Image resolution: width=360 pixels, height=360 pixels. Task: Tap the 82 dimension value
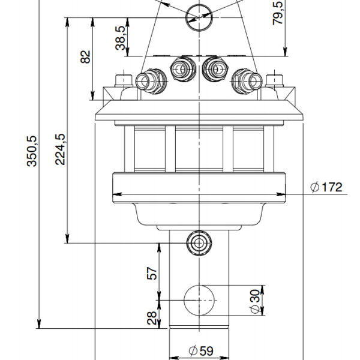pos(86,57)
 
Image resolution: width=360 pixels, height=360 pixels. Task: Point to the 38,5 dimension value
pos(121,38)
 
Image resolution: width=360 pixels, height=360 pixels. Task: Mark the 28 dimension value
pos(152,316)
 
